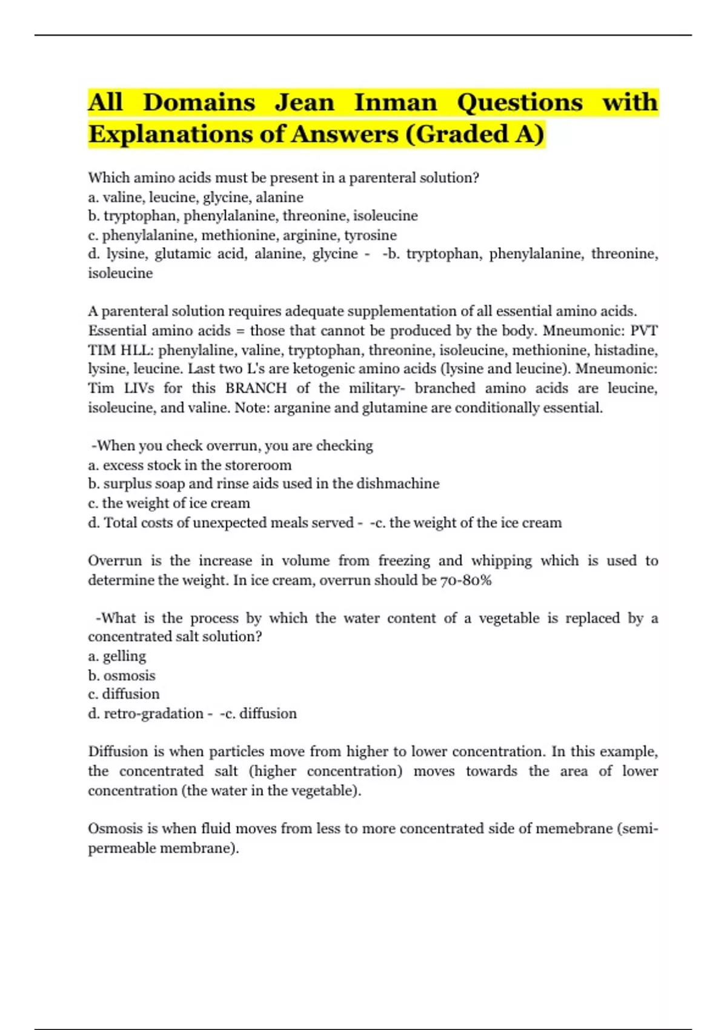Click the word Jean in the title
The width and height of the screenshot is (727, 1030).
[x=304, y=102]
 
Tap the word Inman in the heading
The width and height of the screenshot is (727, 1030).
[x=395, y=102]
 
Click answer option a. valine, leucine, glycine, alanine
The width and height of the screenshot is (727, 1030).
[x=196, y=197]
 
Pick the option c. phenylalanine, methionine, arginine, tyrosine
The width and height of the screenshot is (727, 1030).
[x=242, y=235]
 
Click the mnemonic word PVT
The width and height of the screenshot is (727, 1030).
[x=644, y=331]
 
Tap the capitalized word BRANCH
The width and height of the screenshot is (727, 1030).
[x=256, y=388]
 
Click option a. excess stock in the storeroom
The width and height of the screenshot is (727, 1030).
[x=190, y=465]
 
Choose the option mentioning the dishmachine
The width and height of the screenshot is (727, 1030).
[x=264, y=483]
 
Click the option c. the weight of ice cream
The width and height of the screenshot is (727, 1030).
[x=169, y=503]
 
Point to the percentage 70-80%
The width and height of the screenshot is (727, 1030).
[x=465, y=580]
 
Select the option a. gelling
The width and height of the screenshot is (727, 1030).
[x=117, y=656]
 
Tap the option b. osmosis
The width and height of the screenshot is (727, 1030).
[x=122, y=675]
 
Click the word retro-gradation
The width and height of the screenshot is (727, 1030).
[x=153, y=714]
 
